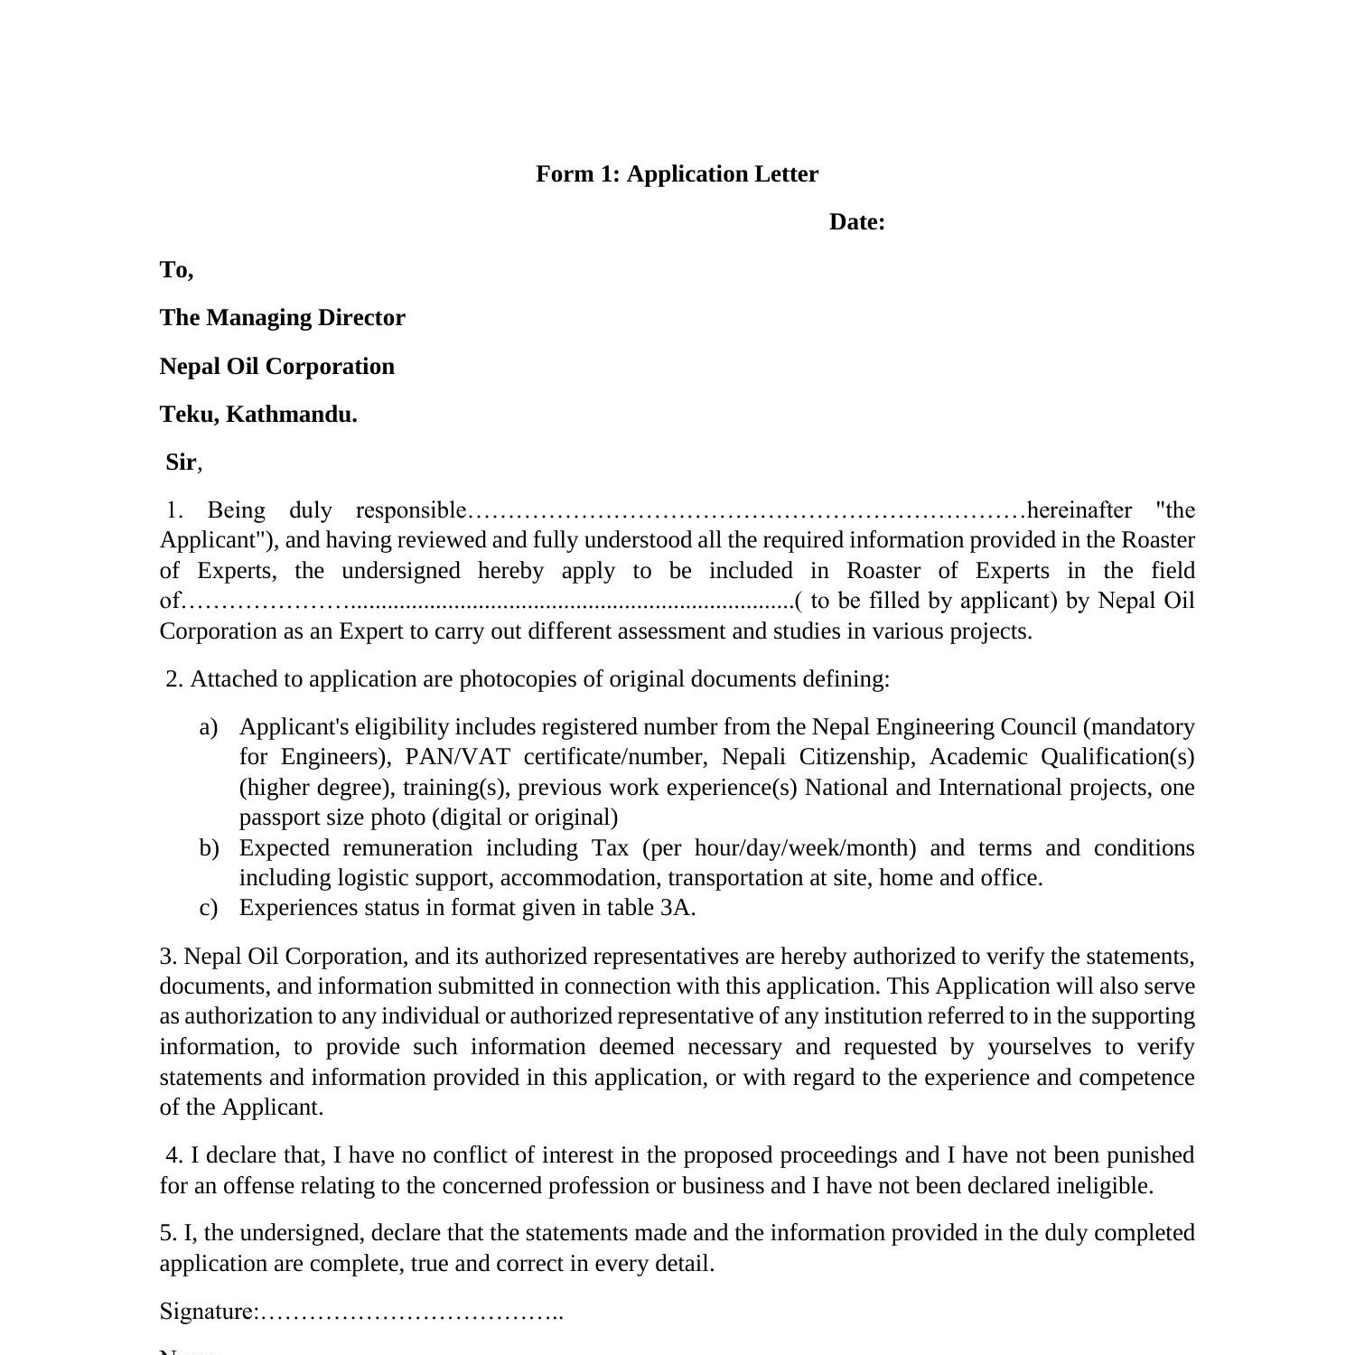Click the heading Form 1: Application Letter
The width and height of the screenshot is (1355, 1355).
click(x=677, y=174)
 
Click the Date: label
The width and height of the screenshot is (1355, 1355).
click(x=856, y=222)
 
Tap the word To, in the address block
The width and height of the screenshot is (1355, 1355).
click(x=176, y=270)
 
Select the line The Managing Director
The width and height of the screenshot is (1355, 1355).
click(x=283, y=318)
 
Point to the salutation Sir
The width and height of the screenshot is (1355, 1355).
click(x=181, y=463)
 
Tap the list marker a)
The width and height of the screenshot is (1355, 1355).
click(x=209, y=727)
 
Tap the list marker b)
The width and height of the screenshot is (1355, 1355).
click(x=209, y=848)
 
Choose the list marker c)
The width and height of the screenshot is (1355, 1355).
click(x=209, y=908)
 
